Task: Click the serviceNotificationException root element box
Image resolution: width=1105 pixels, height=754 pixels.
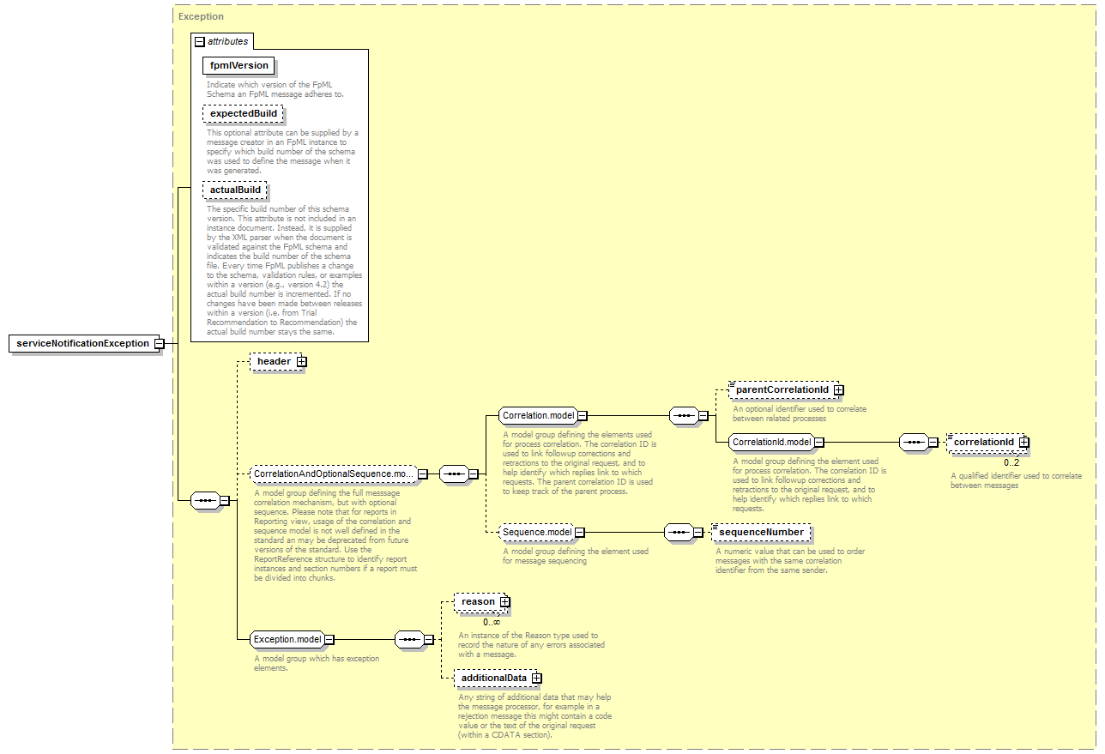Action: [84, 343]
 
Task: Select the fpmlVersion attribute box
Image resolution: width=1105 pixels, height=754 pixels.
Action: [239, 65]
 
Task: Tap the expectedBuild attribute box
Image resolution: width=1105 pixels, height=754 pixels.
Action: [243, 113]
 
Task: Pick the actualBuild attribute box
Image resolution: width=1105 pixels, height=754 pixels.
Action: [235, 190]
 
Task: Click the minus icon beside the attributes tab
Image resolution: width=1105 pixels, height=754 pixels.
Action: [199, 42]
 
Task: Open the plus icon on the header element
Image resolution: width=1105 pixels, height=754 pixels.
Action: [301, 361]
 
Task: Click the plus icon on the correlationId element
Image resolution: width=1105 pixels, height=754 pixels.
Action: [1024, 443]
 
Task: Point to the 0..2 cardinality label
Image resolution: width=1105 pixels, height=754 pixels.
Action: [1011, 462]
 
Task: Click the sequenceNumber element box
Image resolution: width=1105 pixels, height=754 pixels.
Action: [761, 532]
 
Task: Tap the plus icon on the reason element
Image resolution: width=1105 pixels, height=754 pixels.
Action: [504, 601]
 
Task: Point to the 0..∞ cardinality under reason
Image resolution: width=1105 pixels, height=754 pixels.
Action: [492, 623]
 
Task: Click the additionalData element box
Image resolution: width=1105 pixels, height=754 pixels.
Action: [498, 678]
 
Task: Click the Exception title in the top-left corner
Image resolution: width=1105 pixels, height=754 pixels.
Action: [201, 16]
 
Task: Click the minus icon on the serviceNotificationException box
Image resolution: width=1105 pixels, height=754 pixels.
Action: [159, 343]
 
